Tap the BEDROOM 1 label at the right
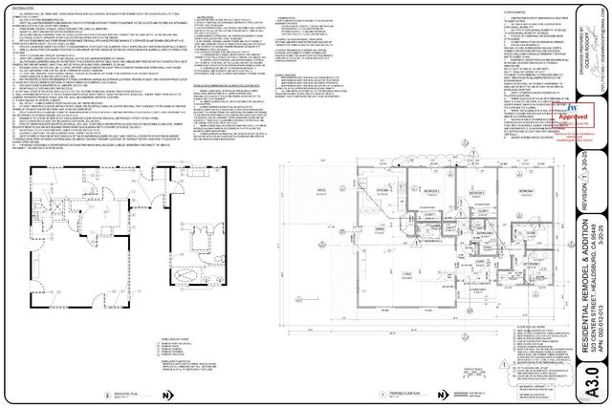click(524, 191)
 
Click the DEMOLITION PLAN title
click(120, 393)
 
